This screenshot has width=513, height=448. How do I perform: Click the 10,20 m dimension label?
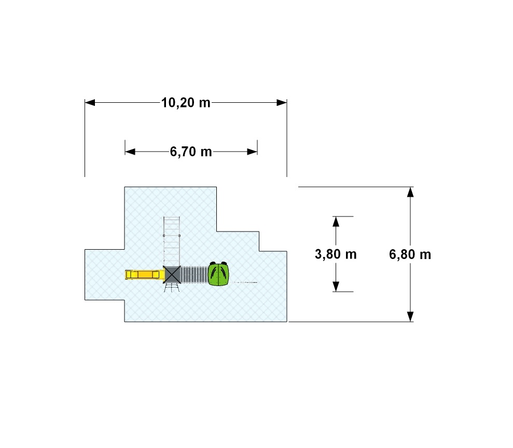pyautogui.click(x=186, y=103)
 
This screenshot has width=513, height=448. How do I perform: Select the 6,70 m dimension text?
pyautogui.click(x=191, y=152)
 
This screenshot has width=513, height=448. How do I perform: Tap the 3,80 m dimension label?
pyautogui.click(x=336, y=254)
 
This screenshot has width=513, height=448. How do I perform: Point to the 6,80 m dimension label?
pyautogui.click(x=410, y=254)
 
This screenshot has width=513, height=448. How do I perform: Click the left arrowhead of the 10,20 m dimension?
pyautogui.click(x=90, y=102)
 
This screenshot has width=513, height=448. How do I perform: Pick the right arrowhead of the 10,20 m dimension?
pyautogui.click(x=282, y=102)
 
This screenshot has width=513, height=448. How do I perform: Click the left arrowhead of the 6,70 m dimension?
pyautogui.click(x=130, y=151)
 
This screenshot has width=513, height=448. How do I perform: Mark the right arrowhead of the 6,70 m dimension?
pyautogui.click(x=252, y=151)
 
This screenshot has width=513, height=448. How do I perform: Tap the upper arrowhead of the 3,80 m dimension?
pyautogui.click(x=336, y=222)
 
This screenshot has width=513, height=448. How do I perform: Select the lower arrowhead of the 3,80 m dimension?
pyautogui.click(x=336, y=286)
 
